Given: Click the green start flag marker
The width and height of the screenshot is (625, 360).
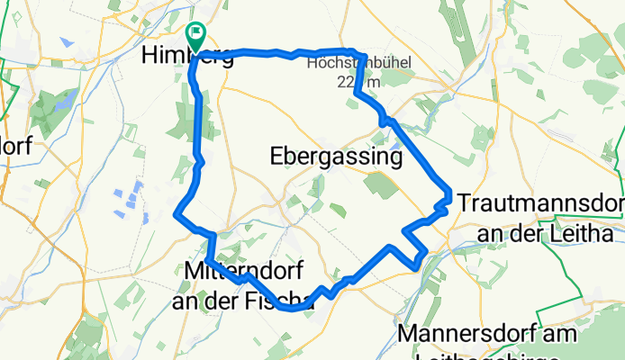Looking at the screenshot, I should click(195, 34).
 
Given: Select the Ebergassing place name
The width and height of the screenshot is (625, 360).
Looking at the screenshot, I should click(335, 157).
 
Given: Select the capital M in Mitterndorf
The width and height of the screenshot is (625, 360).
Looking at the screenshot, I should click(193, 270).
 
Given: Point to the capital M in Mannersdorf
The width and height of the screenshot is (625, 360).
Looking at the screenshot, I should click(406, 334).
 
